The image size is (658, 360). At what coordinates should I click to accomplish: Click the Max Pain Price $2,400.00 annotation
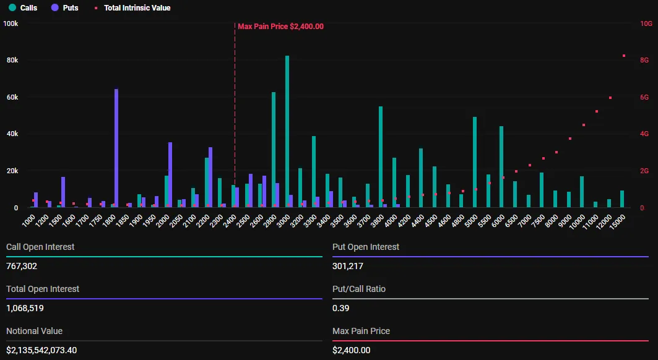pos(280,26)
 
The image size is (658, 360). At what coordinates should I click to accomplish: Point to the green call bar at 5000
pos(475,162)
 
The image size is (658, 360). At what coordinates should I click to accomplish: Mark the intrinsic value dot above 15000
pos(624,56)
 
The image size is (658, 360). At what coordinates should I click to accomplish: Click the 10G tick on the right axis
pos(646,24)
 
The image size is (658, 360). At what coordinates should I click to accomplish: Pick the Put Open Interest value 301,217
pos(348,266)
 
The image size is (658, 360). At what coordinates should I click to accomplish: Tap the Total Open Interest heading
pos(43,289)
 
